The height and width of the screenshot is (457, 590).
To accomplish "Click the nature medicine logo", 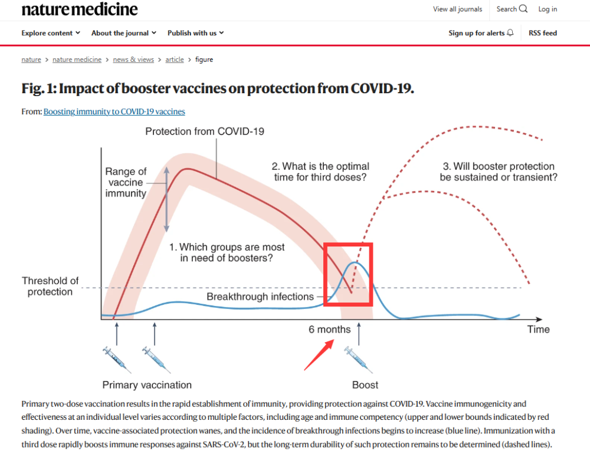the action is point(80,9).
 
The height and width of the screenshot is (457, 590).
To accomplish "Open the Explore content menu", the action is point(51,33).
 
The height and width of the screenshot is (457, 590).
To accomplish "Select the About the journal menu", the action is point(124,33).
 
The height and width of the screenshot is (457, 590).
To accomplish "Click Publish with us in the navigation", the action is point(196,33).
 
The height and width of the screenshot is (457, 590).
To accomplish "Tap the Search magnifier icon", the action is point(523,9).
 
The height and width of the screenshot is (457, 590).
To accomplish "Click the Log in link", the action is point(548,9).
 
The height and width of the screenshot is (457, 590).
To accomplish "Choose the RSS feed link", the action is point(543,33).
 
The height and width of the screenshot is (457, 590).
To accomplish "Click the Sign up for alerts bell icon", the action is point(510,32).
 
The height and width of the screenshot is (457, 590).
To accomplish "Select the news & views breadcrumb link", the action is point(133,60).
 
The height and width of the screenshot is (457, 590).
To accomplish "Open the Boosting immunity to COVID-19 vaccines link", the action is point(114,111).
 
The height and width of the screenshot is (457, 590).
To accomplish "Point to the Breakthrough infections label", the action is point(260,297).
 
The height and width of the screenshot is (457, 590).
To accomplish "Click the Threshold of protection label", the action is point(50,286).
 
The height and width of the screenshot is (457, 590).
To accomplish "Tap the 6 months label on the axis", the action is point(330,330).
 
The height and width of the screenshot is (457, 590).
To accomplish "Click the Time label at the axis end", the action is point(539,330).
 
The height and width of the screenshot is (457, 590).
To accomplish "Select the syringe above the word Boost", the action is point(359,360).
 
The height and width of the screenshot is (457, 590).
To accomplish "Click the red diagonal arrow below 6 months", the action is point(319,355).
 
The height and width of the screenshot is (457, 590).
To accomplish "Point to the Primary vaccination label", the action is point(147,385).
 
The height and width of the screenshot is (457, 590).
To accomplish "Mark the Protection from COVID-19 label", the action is point(205,131).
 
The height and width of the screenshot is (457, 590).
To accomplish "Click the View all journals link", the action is point(458,9).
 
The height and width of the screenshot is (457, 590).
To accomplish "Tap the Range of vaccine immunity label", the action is point(126,182).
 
